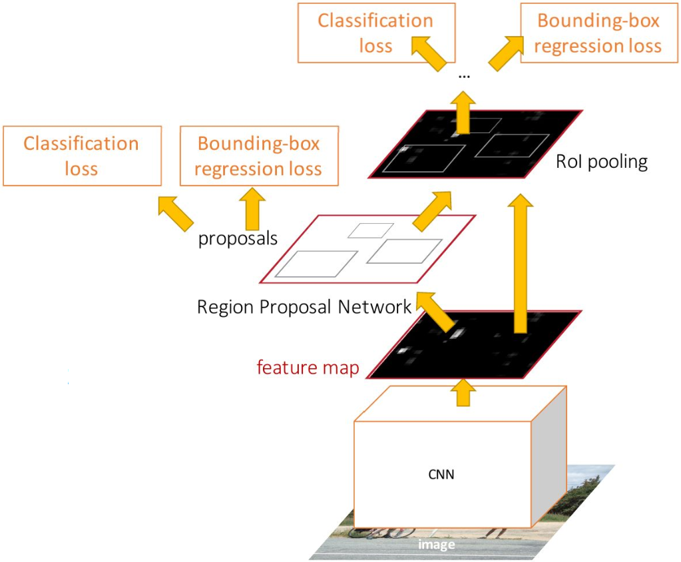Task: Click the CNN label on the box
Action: (x=441, y=474)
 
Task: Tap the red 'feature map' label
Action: (x=308, y=368)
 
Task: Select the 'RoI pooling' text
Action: (x=602, y=162)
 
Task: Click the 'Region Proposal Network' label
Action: (x=304, y=306)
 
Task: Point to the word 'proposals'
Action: (x=238, y=239)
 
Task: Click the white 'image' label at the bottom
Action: (x=437, y=545)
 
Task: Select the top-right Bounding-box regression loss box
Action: (x=599, y=33)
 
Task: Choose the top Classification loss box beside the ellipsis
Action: (x=376, y=33)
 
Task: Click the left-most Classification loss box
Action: (x=82, y=156)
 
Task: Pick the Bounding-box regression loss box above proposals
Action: (x=259, y=156)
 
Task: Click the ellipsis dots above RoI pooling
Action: (x=464, y=77)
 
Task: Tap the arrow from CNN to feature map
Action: (x=463, y=393)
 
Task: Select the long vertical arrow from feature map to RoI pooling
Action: (x=521, y=263)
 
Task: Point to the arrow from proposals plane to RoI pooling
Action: (x=433, y=211)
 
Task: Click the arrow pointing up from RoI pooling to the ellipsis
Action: (x=463, y=112)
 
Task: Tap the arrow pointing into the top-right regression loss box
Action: (x=507, y=53)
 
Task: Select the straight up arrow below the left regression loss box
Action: (x=252, y=208)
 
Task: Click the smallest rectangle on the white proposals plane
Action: (x=371, y=230)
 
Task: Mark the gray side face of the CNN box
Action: (x=549, y=456)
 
